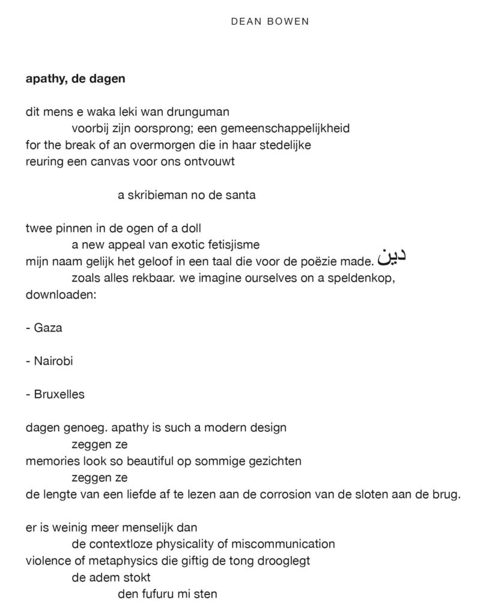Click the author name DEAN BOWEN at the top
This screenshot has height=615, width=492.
click(270, 22)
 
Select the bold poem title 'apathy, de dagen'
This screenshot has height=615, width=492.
click(75, 78)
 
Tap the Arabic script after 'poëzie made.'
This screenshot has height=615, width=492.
click(392, 255)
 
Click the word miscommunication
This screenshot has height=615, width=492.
click(285, 545)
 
